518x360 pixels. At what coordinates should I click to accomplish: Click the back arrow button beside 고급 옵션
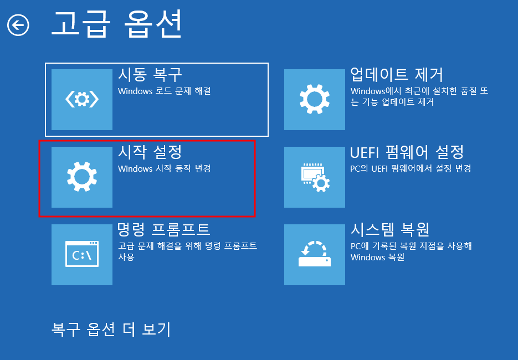pos(18,25)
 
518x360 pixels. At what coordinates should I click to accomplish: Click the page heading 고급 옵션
pos(116,23)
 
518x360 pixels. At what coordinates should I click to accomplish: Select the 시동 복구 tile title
pos(150,75)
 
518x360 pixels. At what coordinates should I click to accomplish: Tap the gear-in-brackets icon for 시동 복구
pos(82,100)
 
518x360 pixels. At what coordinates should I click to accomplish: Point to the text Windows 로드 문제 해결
pos(165,91)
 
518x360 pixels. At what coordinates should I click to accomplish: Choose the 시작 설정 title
pos(150,152)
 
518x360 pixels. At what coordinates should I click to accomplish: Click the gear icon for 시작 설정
pos(82,177)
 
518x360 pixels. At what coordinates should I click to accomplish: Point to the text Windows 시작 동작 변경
pos(165,168)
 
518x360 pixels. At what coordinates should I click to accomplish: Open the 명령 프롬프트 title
pos(164,229)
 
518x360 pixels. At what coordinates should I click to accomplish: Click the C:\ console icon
pos(82,255)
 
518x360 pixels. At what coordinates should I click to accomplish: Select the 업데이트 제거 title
pos(397,75)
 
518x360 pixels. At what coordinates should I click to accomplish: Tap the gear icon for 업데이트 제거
pos(314,100)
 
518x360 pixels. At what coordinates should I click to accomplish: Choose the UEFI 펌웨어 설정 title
pos(407,152)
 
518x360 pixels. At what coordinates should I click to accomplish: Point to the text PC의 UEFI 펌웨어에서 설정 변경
pos(411,168)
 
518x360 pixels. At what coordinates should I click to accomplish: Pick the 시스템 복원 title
pos(390,229)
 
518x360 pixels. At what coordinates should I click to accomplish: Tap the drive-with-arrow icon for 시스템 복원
pos(314,255)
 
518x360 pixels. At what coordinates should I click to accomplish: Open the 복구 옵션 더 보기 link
pos(111,329)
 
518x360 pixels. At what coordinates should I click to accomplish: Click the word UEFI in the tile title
pos(363,152)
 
